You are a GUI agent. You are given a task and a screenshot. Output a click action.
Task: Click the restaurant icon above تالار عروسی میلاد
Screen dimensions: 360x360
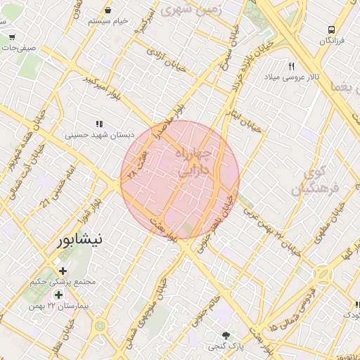291,65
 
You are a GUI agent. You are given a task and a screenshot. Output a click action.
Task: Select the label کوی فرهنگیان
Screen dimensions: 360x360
314,181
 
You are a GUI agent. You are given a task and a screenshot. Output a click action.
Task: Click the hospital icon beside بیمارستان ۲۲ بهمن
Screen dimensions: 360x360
58,295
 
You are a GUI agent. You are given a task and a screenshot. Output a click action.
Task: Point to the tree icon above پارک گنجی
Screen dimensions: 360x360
225,335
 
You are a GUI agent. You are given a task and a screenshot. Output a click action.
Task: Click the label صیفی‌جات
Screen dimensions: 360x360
18,48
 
